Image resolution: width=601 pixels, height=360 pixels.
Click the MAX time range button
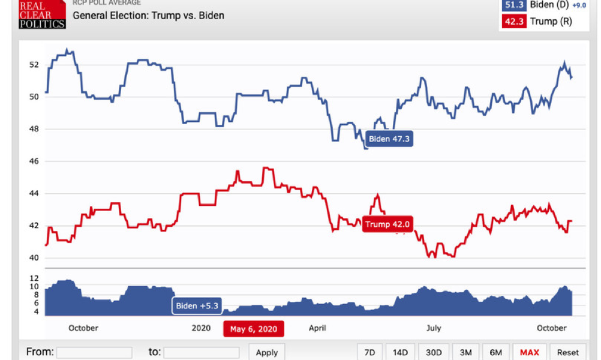[529, 352]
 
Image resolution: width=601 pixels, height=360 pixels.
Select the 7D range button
[369, 352]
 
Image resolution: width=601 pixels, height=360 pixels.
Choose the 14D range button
[400, 352]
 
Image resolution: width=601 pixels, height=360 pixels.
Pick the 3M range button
[465, 352]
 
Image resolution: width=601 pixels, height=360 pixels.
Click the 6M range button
[497, 352]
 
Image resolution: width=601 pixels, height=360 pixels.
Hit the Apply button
[267, 352]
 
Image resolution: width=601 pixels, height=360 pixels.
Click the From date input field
[94, 352]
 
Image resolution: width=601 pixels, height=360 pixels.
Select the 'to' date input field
[202, 352]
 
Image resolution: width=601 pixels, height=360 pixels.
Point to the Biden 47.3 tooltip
[389, 139]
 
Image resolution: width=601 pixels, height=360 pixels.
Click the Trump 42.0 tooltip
[387, 224]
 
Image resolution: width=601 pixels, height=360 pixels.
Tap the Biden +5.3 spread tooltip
[197, 306]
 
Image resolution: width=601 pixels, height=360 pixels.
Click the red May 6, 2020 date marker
[254, 329]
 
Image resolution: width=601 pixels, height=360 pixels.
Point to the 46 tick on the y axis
[34, 161]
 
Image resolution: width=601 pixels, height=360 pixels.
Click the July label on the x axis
[433, 328]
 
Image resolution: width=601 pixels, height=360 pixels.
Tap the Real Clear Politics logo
[41, 14]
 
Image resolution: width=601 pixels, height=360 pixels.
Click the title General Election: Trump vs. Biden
[148, 16]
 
